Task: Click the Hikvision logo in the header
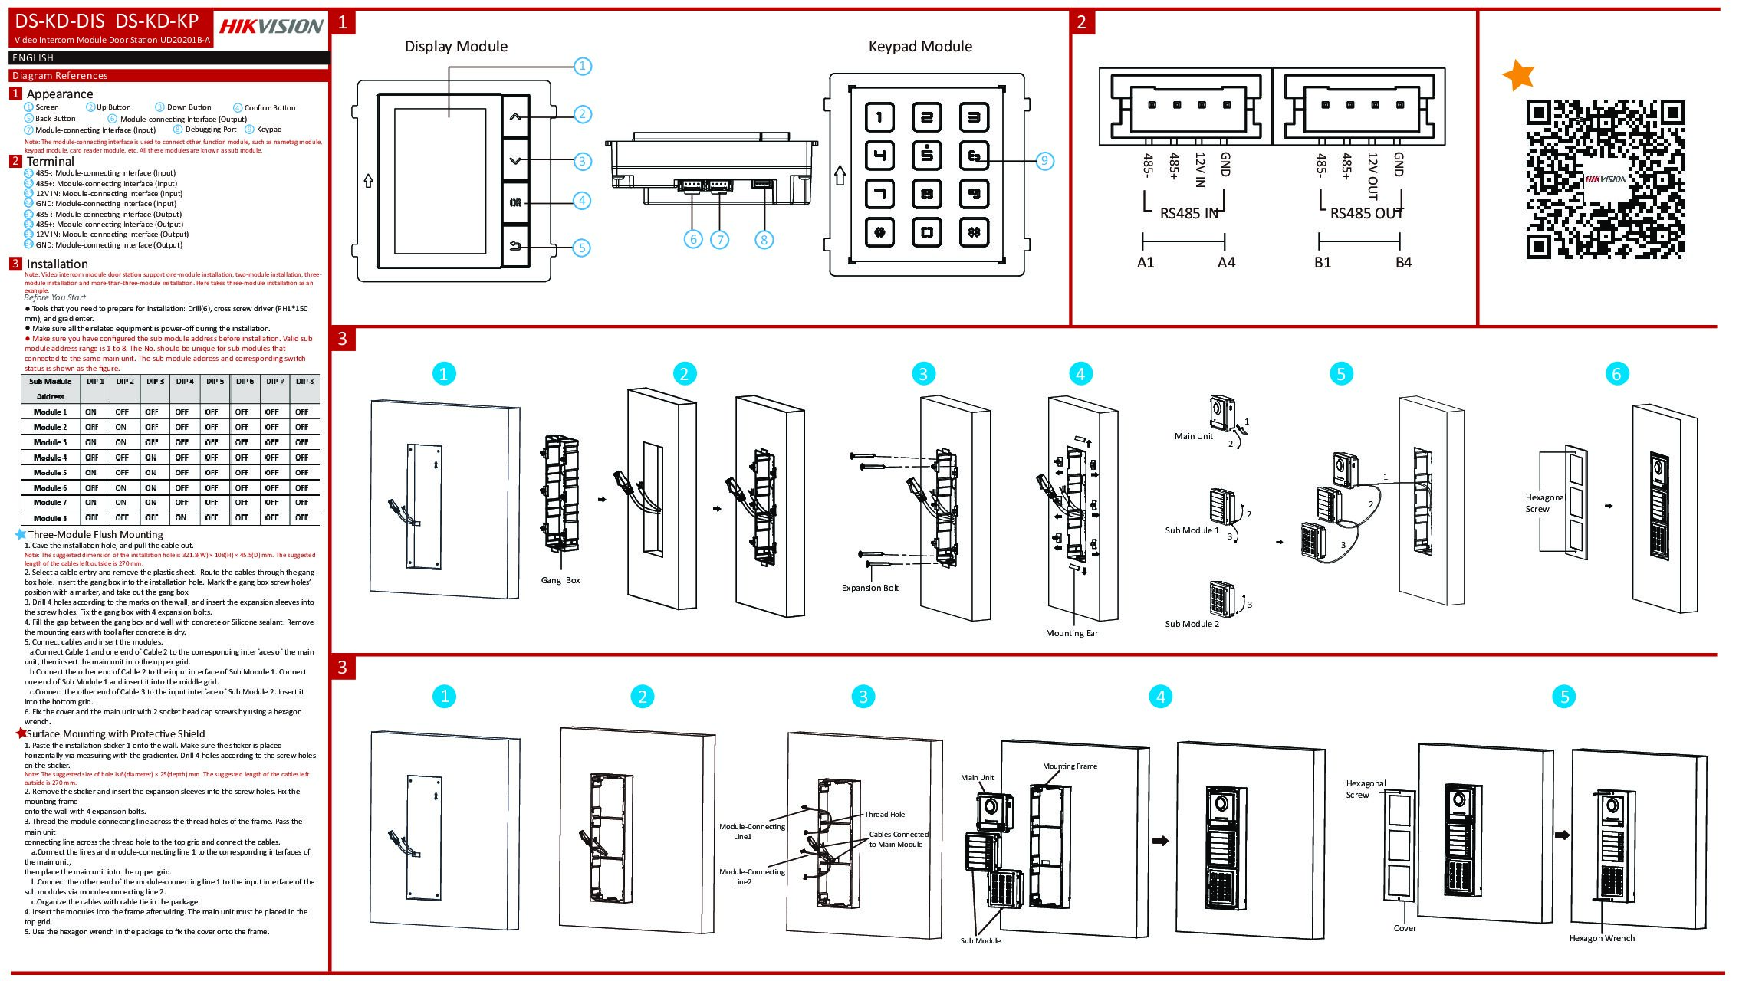271,27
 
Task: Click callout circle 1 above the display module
583,66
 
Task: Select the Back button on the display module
515,247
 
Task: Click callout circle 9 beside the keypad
1044,161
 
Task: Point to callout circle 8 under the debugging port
764,240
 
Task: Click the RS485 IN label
1188,214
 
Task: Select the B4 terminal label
1403,263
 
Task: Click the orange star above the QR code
1518,75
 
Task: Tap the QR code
1606,179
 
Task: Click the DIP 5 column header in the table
215,382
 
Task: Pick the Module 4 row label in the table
50,458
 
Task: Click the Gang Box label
560,580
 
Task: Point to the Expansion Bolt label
869,588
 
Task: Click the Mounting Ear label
1071,633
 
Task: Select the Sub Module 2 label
1192,624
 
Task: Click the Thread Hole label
885,815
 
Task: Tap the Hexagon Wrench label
1602,938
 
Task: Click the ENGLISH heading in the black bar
33,58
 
